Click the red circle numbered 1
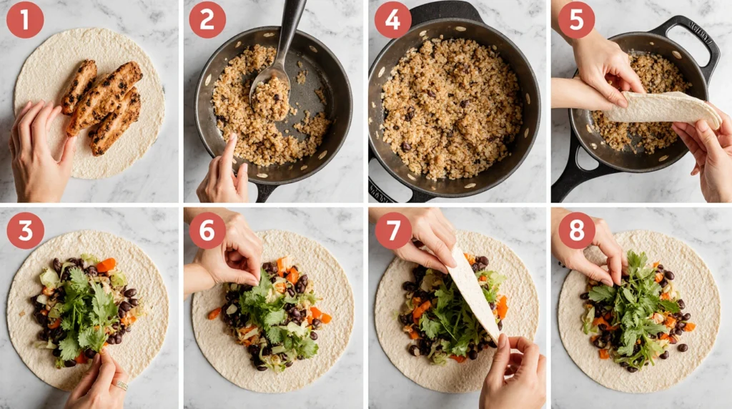tap(25, 19)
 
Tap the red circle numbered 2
tap(207, 19)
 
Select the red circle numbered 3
tap(26, 231)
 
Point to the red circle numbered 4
tap(392, 19)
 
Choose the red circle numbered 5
tap(577, 19)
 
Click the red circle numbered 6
tap(207, 231)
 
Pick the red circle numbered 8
tap(577, 231)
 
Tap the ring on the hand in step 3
tap(122, 385)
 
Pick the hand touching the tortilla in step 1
tap(39, 150)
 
